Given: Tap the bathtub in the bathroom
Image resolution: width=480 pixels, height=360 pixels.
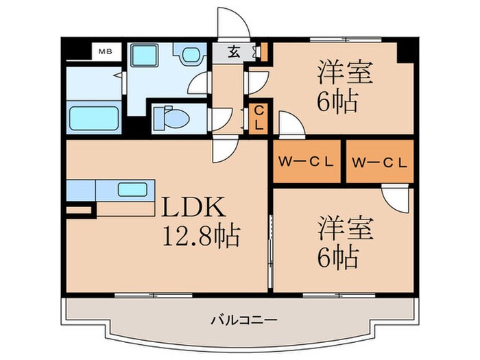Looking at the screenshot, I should (94, 117).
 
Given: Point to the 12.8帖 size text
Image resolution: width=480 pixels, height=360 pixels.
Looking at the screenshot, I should (200, 237).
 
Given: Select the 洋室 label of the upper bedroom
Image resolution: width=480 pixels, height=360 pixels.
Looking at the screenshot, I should (344, 72).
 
